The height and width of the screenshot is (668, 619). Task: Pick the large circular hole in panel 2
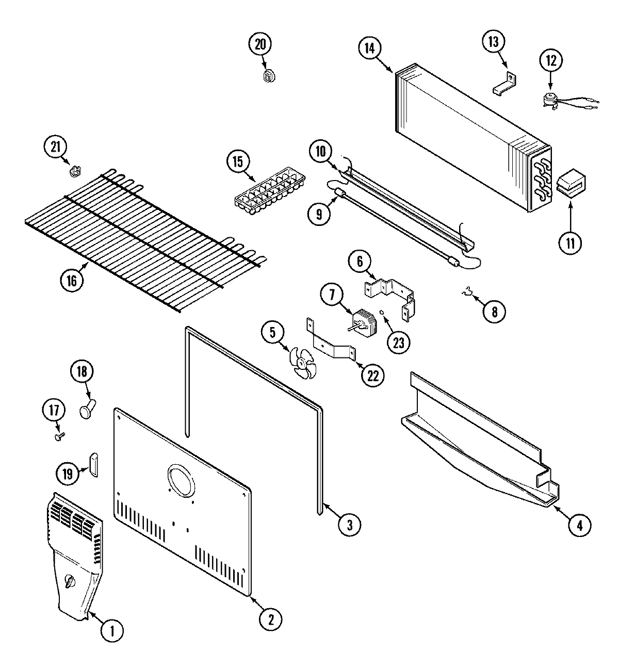point(181,478)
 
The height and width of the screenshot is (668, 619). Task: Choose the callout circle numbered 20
point(260,44)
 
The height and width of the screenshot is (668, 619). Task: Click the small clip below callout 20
point(268,76)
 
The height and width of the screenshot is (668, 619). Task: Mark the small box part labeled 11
point(570,184)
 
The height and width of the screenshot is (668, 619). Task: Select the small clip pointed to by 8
point(467,294)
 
